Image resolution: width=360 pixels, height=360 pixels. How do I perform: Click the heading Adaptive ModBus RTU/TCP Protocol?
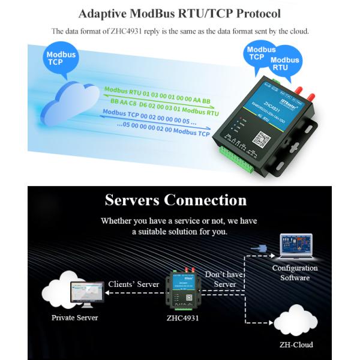180,13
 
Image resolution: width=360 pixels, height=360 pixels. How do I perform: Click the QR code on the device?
260,140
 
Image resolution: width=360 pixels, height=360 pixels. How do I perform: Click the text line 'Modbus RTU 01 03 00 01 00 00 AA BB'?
157,94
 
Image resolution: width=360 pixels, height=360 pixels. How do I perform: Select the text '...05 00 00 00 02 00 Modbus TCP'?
173,131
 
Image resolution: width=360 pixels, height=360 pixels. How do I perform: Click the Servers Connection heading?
175,200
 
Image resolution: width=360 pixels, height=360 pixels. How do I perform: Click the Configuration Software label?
295,273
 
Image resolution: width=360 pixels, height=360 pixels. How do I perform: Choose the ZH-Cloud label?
296,344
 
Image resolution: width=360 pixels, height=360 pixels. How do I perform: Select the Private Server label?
74,317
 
